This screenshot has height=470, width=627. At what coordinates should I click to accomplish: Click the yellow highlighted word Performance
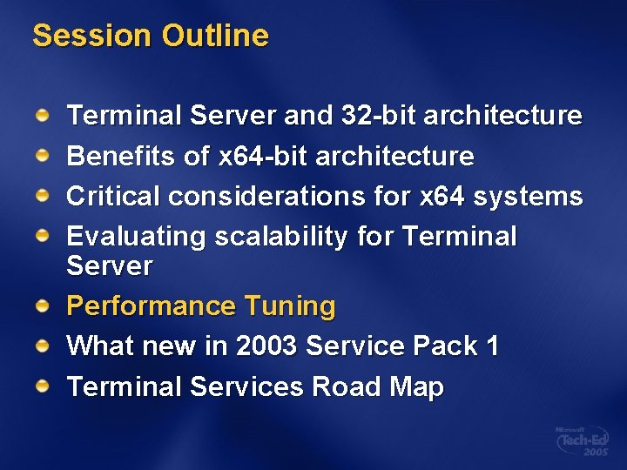[x=151, y=306]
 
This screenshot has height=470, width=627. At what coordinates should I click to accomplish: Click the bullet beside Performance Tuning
[x=43, y=305]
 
